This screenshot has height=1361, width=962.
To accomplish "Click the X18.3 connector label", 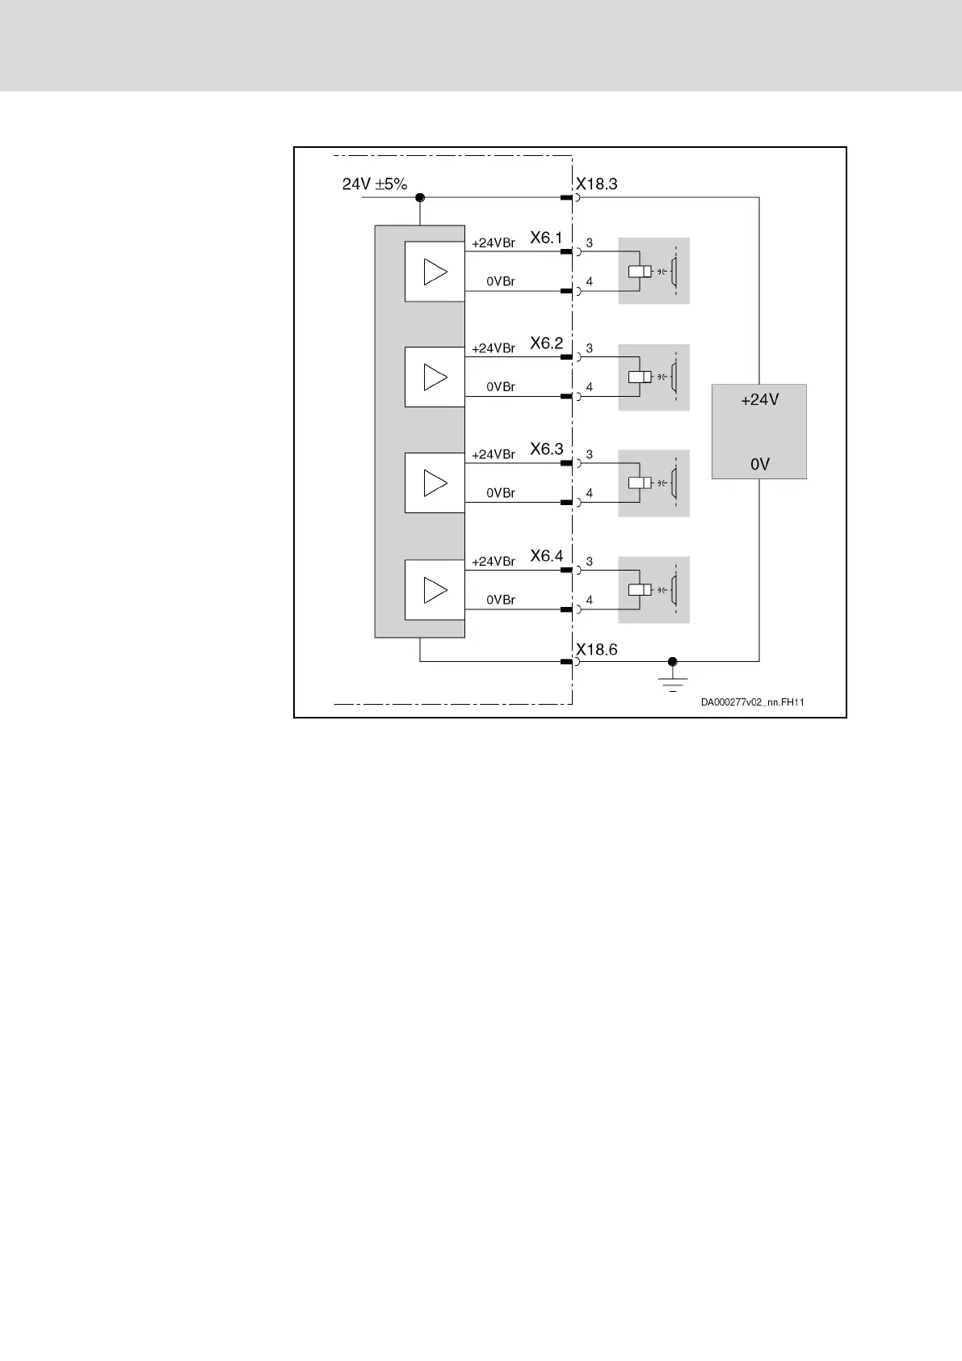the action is pos(596,184).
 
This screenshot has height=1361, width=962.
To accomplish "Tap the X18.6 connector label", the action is pos(596,650).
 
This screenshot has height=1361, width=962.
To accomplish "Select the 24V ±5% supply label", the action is pos(375,184).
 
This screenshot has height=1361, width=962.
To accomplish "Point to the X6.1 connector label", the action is pos(546,238).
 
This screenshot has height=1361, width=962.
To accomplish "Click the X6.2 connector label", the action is pos(546,343).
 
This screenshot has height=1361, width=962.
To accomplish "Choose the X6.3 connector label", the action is pos(546,449).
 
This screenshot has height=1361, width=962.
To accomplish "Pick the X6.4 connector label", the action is pos(546,556).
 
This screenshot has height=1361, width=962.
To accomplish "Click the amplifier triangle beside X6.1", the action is pos(435,272).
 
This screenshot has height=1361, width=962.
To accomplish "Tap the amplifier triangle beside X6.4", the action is pos(435,590).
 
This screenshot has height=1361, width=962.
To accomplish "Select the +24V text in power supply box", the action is pos(759,399).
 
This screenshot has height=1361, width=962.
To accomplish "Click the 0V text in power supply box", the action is pos(759,465).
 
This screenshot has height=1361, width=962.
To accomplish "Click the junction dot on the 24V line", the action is pos(420,197).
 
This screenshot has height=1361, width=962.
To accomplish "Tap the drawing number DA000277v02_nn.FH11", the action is pos(752,702).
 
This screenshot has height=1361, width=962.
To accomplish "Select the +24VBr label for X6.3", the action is pos(493,455).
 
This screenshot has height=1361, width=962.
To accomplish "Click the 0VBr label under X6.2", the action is pos(501,387).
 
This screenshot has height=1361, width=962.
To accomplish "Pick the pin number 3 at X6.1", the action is pos(590,242).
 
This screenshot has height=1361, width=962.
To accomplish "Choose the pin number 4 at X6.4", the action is pos(590,600).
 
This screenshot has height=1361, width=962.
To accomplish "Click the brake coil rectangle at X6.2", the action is pos(640,377).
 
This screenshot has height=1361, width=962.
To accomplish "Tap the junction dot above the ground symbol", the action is pos(672,661).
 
